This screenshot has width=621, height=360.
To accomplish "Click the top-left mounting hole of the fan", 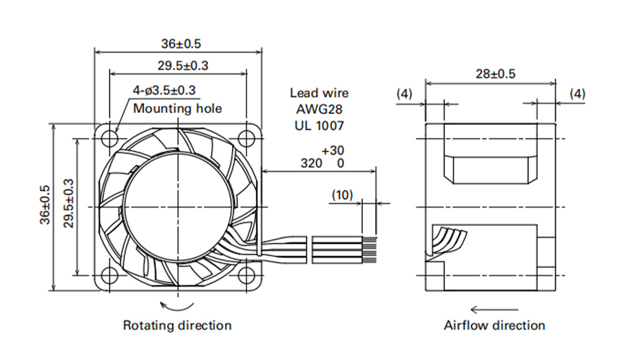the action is [110, 138].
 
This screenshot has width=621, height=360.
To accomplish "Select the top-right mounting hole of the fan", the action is [247, 138].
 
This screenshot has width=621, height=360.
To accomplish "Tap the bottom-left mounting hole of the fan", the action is [110, 275].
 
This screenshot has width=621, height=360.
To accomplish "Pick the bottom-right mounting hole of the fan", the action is [247, 275].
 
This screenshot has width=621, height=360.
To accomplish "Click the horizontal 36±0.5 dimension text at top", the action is [181, 43].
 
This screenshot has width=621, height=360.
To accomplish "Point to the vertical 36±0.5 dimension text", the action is [45, 205].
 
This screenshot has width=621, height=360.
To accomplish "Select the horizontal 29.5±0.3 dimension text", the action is [183, 65].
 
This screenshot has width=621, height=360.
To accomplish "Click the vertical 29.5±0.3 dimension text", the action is [69, 203].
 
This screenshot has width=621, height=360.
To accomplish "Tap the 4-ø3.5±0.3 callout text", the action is [164, 90].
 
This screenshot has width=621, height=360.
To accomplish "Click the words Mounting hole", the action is [178, 108].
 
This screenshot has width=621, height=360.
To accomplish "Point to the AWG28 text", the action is [319, 109].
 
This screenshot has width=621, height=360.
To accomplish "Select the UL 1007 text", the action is [319, 125].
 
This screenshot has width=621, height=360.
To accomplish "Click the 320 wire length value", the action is [311, 163].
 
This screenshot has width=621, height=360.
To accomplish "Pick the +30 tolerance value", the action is [333, 150].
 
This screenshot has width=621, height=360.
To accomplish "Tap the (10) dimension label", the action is [342, 194].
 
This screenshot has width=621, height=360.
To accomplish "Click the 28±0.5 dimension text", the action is [496, 74].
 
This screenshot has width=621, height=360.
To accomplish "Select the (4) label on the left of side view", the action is [404, 94].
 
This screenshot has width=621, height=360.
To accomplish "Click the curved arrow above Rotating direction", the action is [176, 306].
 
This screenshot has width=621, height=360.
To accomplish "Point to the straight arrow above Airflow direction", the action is [494, 309].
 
